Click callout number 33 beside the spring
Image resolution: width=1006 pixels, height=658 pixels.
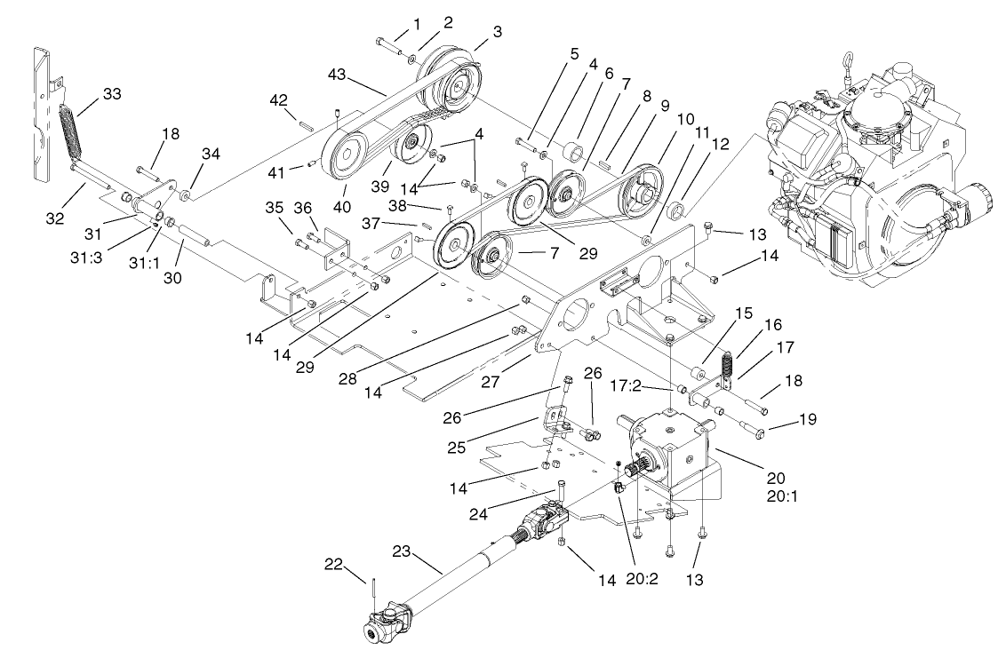111,92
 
